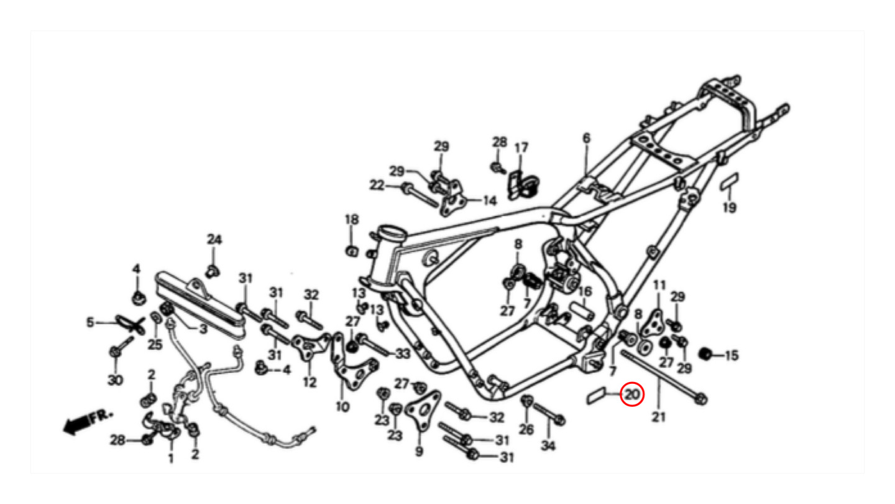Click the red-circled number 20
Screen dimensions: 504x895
coord(632,394)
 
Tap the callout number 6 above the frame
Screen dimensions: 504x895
coord(585,138)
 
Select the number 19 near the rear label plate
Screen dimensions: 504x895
coord(729,207)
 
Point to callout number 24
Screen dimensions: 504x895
coord(214,240)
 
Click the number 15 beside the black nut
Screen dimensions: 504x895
coord(732,356)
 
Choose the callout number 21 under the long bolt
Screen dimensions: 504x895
coord(658,417)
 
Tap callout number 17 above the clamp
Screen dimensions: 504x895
coord(521,148)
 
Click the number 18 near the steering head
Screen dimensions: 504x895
coord(352,220)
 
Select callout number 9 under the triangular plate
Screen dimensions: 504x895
coord(419,452)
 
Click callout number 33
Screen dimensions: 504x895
coord(403,354)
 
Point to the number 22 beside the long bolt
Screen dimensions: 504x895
coord(377,185)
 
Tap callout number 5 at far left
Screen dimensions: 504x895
coord(91,322)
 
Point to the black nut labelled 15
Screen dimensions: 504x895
coord(705,355)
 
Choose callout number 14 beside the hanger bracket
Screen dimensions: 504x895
coord(490,201)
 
